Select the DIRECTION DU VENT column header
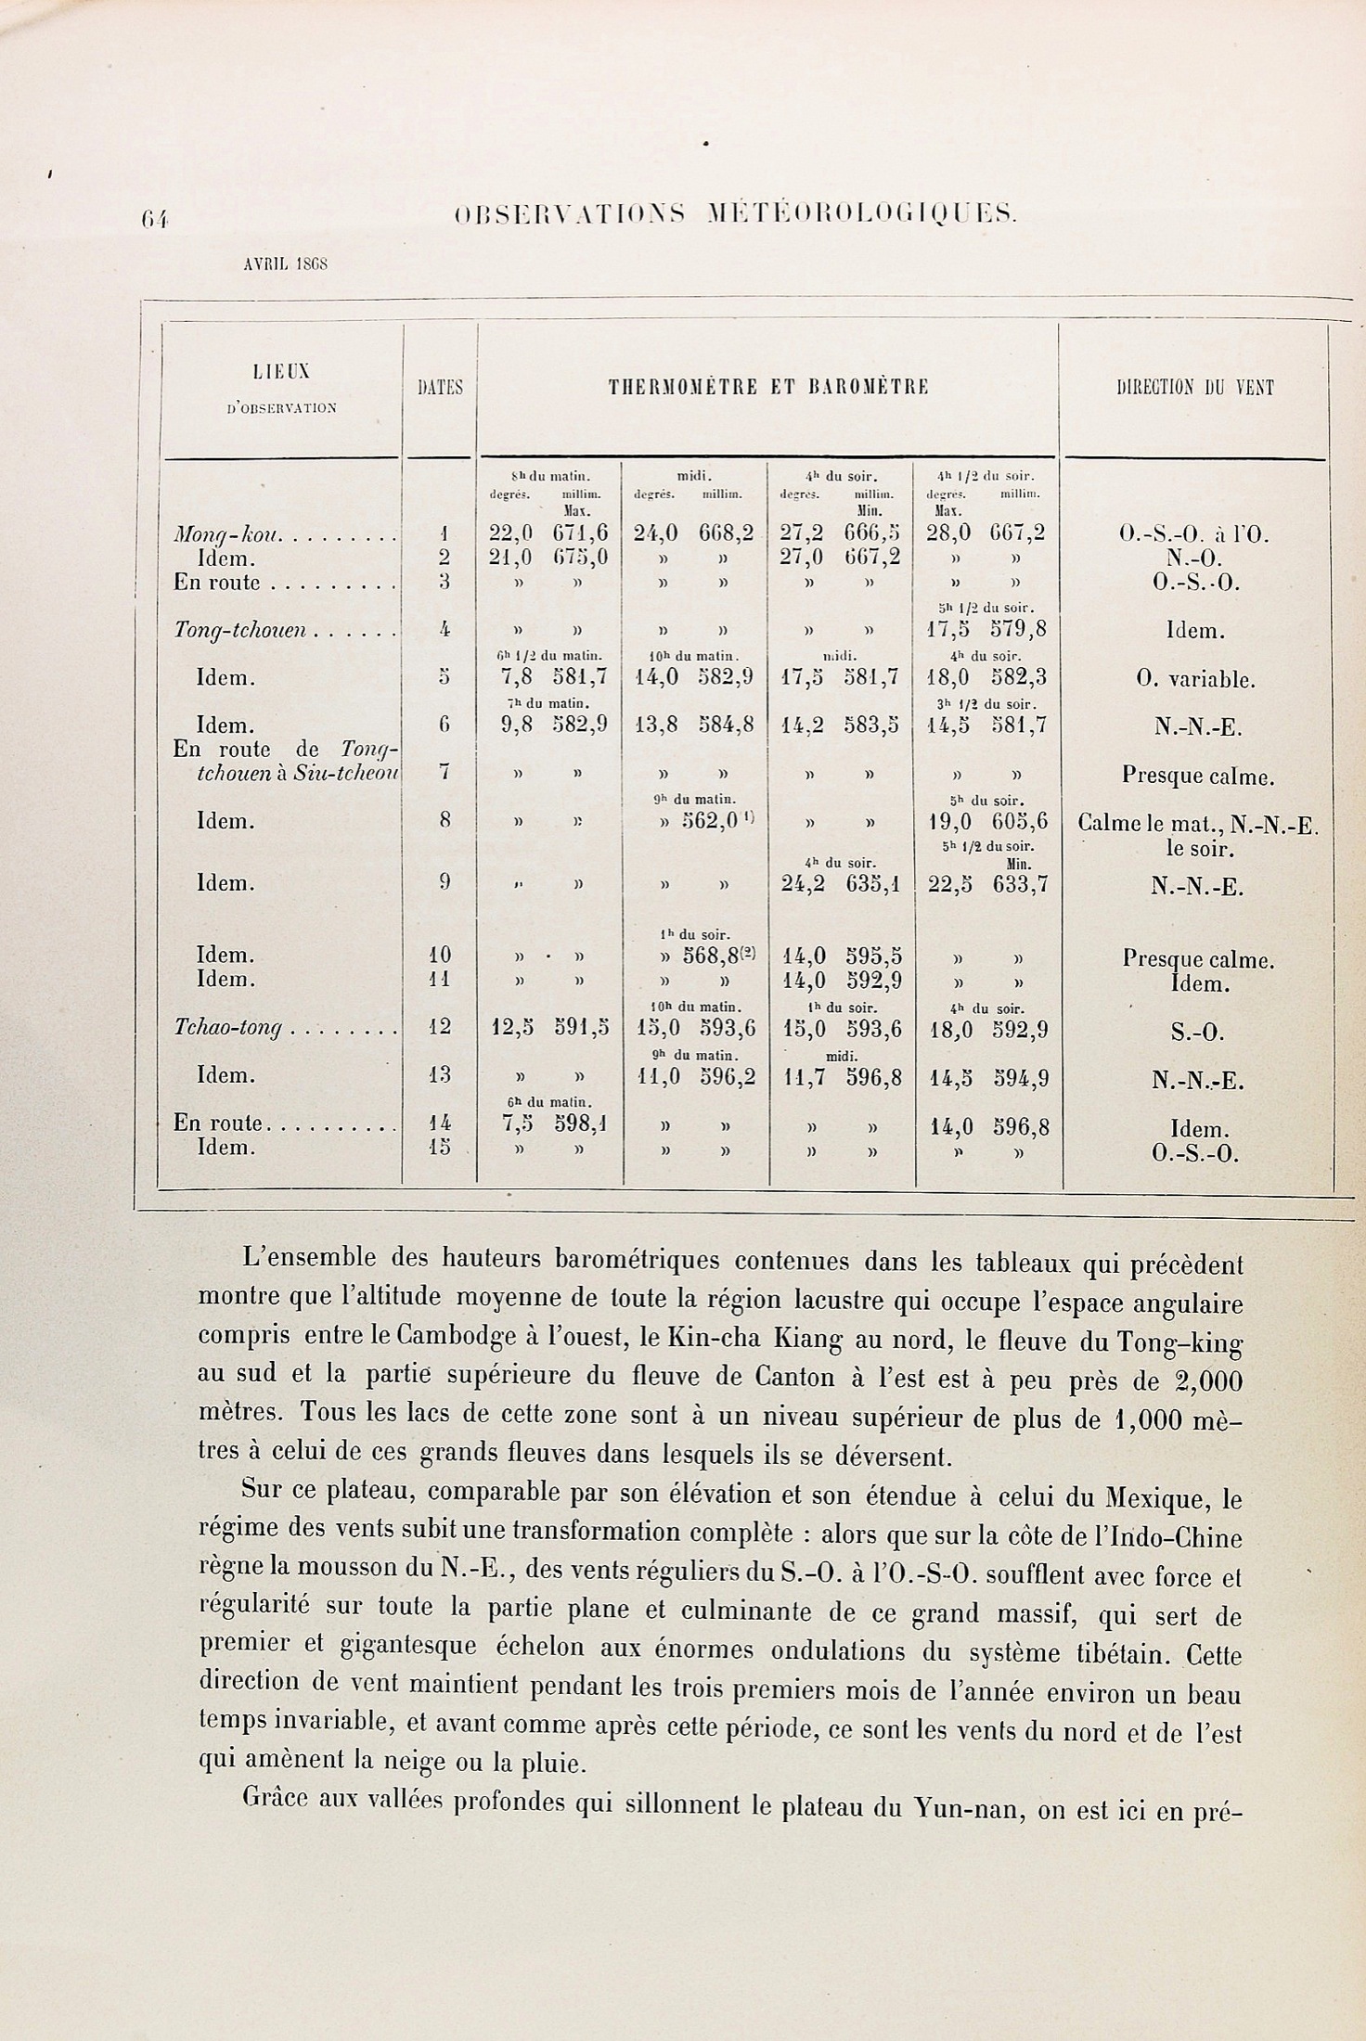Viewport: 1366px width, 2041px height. click(x=1195, y=388)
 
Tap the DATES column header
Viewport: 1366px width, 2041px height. click(x=441, y=388)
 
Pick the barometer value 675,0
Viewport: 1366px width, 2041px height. click(x=581, y=558)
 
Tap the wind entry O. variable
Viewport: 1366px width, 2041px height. click(x=1195, y=679)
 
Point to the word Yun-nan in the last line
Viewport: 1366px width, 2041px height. click(x=968, y=1806)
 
